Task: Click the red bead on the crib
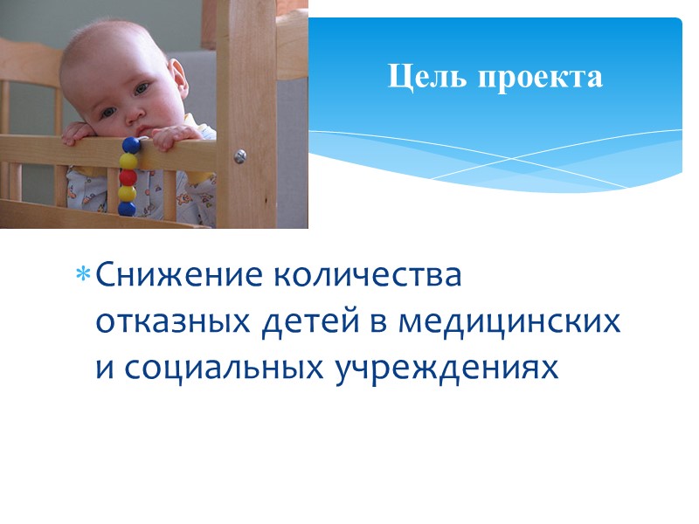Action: pyautogui.click(x=128, y=177)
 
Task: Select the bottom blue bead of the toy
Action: pyautogui.click(x=127, y=209)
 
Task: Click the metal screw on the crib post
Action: pyautogui.click(x=239, y=155)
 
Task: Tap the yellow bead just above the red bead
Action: pyautogui.click(x=128, y=162)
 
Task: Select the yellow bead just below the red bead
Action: pyautogui.click(x=128, y=193)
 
